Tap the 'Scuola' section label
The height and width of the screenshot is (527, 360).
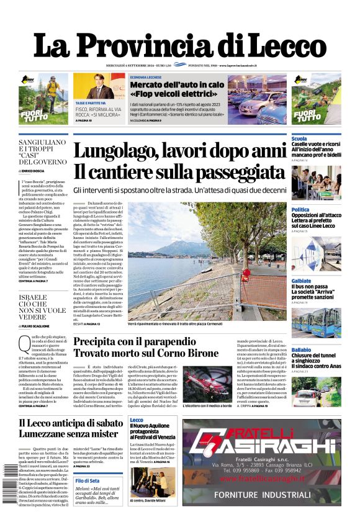299,138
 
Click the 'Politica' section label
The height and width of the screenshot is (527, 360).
300,210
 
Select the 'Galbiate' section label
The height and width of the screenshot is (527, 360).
302,281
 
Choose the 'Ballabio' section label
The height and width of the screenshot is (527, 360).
302,351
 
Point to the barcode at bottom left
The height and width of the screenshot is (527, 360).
10,490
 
